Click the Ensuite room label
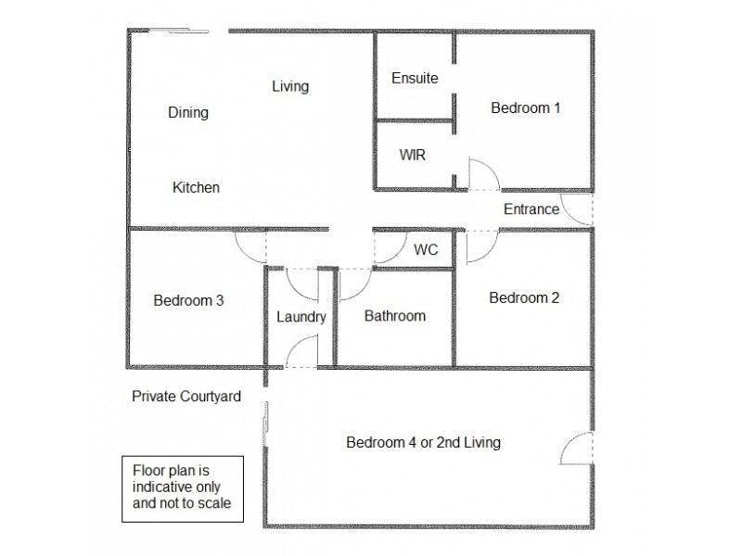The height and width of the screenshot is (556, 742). click(414, 78)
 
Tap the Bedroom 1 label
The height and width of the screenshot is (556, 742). click(525, 107)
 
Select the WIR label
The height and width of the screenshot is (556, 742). click(413, 155)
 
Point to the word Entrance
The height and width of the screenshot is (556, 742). click(531, 208)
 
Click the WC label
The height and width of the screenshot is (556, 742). click(426, 250)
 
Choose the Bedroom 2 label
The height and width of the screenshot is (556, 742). click(524, 297)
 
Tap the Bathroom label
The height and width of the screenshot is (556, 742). click(394, 316)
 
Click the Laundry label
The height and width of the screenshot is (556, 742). click(301, 317)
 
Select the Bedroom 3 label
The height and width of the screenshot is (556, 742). click(188, 300)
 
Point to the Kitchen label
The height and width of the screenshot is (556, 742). click(196, 187)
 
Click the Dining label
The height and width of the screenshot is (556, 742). click(188, 113)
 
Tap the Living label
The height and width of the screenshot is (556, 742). click(290, 86)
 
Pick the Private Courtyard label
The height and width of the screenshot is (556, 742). click(186, 397)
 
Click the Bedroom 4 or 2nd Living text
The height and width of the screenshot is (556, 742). click(423, 442)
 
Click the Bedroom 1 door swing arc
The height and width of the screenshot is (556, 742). click(485, 173)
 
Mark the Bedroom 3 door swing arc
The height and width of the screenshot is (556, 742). click(250, 246)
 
